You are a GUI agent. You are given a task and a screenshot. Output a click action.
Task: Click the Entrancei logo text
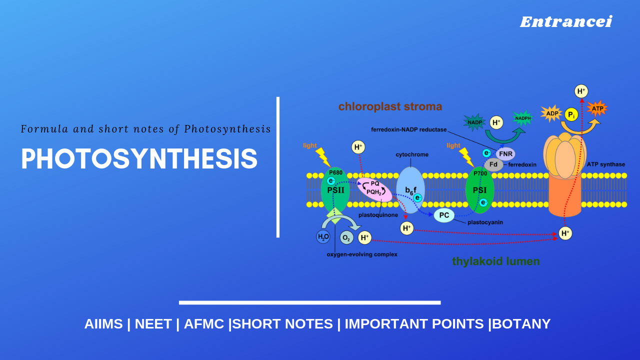coord(565,22)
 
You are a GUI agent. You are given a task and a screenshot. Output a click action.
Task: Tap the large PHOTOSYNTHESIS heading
coord(139,159)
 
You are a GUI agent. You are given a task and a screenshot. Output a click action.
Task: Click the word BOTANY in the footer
coord(521,324)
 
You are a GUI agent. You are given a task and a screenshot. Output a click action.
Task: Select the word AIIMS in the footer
coord(103,324)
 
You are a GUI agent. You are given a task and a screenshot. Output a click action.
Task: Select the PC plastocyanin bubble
coord(444,215)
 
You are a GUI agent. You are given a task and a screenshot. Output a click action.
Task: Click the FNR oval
coord(505,153)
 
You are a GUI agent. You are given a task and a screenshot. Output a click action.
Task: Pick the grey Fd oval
coord(493,164)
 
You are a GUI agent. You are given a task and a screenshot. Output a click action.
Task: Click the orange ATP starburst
coord(597,108)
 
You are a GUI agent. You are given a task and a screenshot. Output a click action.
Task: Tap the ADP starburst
coord(552,113)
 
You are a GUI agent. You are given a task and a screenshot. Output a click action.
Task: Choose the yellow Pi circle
coord(571,115)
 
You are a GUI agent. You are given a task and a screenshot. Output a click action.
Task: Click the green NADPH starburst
coord(523,118)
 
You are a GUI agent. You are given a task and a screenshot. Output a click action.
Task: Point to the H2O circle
coord(323,236)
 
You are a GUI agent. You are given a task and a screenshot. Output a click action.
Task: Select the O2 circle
coord(346,237)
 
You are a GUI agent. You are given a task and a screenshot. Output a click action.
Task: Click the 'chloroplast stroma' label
coord(390,106)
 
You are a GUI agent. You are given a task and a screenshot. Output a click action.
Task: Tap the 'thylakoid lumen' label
coord(495,261)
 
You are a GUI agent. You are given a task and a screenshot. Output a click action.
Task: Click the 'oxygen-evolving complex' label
coord(362,254)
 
